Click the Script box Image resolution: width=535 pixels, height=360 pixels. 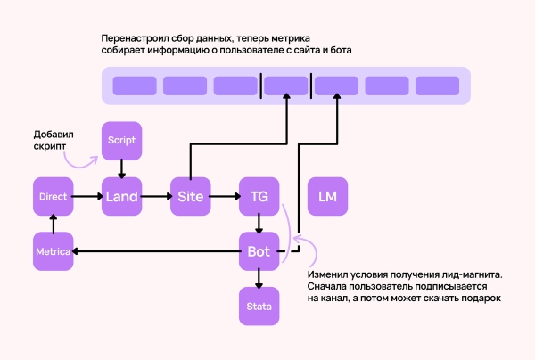click(x=121, y=141)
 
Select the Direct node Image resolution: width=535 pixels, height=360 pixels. click(x=53, y=196)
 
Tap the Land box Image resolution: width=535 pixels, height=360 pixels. click(x=121, y=196)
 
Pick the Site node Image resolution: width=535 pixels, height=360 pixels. click(x=190, y=196)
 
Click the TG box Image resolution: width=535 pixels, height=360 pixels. click(x=259, y=196)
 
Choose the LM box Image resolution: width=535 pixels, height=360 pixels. click(x=327, y=196)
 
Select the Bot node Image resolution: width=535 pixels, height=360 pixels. click(x=259, y=251)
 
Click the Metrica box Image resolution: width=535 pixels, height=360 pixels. click(x=53, y=251)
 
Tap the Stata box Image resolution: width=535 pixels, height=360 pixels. click(x=259, y=307)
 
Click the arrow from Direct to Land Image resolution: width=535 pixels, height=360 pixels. click(x=86, y=196)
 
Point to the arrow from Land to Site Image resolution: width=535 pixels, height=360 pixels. click(x=155, y=196)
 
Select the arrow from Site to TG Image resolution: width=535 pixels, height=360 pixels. click(x=224, y=196)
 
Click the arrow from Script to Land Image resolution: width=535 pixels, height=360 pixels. click(x=121, y=168)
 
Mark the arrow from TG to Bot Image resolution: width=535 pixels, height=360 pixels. click(x=259, y=224)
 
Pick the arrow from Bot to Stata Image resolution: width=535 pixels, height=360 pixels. click(x=259, y=279)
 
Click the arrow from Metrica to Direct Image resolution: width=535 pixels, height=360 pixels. click(x=53, y=224)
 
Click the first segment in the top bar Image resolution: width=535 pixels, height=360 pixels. click(x=134, y=86)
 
